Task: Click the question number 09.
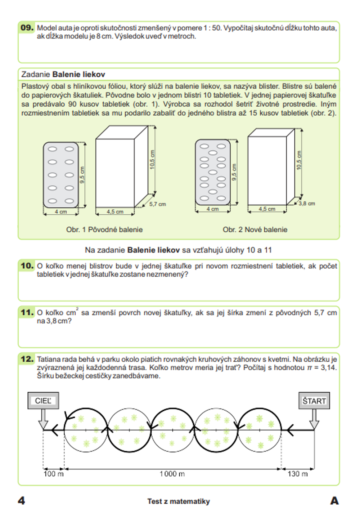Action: (x=27, y=28)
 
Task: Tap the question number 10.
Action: (x=27, y=266)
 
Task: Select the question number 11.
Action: (x=27, y=312)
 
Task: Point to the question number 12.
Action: (x=27, y=359)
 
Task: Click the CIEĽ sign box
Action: (x=43, y=401)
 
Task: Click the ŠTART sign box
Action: (x=314, y=401)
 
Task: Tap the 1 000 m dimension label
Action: (x=172, y=474)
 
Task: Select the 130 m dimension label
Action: (x=297, y=474)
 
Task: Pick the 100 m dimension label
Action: (x=53, y=474)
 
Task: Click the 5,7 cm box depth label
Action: (x=158, y=204)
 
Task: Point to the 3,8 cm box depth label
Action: (x=307, y=204)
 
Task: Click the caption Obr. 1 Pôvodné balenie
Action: (x=104, y=229)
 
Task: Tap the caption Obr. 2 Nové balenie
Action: (x=255, y=229)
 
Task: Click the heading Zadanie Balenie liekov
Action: (x=63, y=74)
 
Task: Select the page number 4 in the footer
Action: (x=22, y=500)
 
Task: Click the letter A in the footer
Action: (x=334, y=500)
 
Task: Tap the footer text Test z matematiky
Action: (x=179, y=501)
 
